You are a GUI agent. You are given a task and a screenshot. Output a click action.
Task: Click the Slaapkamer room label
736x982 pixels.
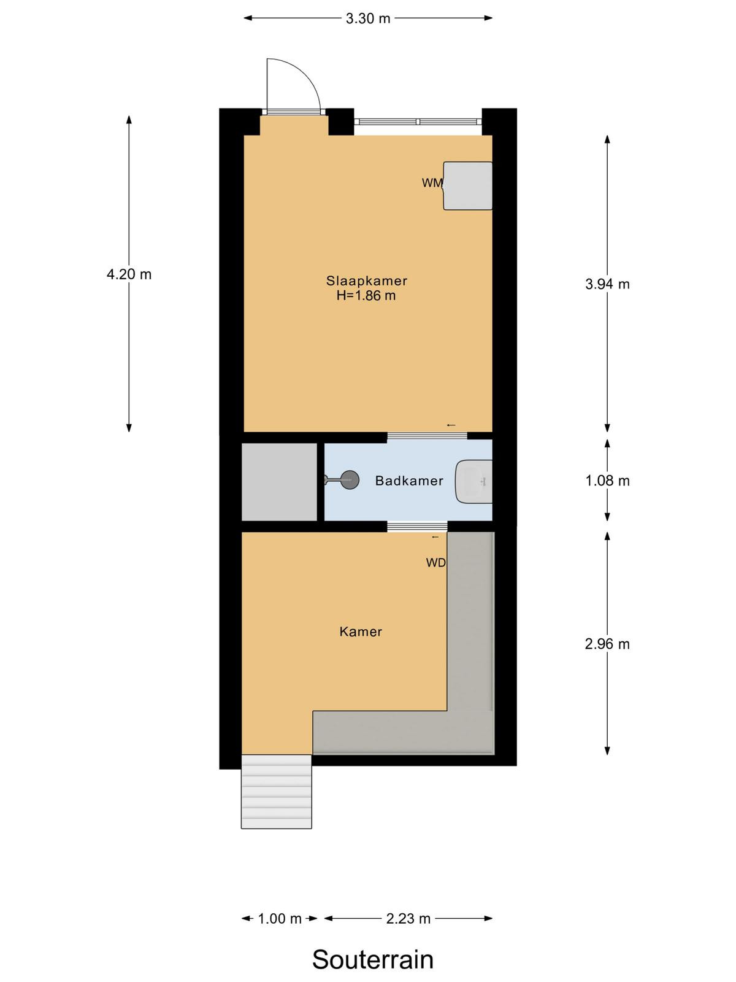366,281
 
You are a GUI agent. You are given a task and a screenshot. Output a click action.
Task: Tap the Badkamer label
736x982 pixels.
409,481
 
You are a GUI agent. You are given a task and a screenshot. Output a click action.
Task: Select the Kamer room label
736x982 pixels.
361,632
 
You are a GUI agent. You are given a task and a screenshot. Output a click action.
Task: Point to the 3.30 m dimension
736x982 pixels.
368,18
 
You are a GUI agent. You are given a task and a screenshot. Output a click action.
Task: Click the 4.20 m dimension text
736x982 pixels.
129,274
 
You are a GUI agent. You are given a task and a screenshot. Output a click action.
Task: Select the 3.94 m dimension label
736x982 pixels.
607,284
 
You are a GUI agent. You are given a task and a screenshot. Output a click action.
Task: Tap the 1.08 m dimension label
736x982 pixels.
607,481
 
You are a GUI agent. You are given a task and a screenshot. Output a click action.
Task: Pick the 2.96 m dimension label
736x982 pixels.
607,644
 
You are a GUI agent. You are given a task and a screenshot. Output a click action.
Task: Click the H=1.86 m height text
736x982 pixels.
366,296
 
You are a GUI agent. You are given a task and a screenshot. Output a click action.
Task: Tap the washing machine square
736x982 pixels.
467,186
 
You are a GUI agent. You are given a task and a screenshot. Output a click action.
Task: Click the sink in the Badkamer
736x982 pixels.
473,481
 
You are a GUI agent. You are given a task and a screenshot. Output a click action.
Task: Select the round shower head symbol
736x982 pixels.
350,481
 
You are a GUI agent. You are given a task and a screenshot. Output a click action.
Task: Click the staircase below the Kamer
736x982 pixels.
276,791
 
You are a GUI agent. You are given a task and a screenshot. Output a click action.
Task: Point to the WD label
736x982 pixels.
435,563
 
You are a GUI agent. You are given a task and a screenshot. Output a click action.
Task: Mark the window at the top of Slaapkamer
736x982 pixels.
418,122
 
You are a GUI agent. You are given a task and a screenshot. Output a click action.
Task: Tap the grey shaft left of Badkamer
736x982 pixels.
279,482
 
